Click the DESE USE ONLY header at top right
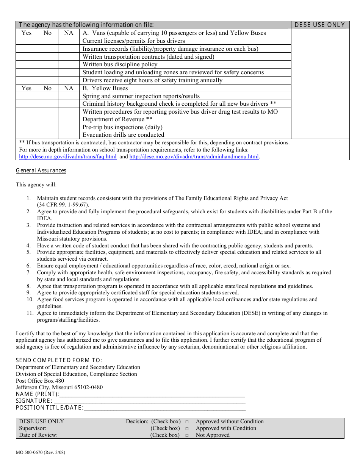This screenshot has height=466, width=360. [x=320, y=25]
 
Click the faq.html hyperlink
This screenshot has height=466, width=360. [x=68, y=156]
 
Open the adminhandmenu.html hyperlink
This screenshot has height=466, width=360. [x=194, y=156]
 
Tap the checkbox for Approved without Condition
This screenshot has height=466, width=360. [x=187, y=422]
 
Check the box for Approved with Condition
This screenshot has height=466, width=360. [x=187, y=428]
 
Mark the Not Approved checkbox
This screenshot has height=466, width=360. [x=187, y=435]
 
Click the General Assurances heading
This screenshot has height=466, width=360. [x=41, y=170]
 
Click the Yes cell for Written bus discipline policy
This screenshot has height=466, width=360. [x=26, y=64]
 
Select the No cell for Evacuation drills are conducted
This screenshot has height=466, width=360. [x=47, y=135]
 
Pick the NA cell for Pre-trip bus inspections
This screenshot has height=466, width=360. [x=69, y=127]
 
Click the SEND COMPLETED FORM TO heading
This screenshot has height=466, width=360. [x=59, y=360]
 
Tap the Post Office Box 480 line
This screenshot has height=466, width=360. [x=40, y=381]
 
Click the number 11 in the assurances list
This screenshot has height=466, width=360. [x=30, y=313]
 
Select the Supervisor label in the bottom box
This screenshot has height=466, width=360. [x=33, y=428]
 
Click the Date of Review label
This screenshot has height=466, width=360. [x=38, y=435]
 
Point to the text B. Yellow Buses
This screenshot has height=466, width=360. [x=105, y=88]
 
